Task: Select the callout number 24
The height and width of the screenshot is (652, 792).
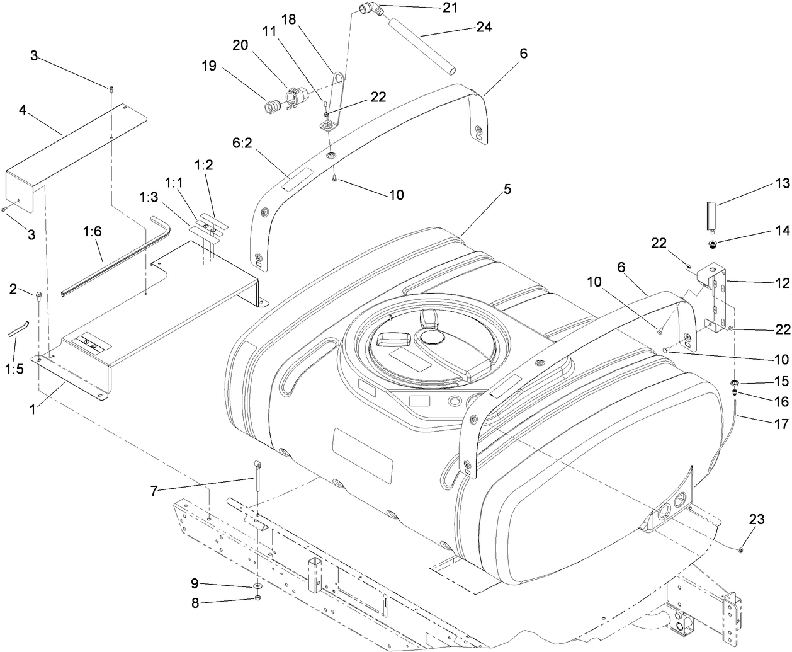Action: tap(484, 27)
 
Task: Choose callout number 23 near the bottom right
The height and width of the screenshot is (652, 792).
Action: tap(757, 519)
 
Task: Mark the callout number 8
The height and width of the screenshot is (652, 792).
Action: tap(195, 603)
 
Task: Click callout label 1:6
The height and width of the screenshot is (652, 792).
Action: tap(92, 232)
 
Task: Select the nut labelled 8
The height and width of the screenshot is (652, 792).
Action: tap(258, 597)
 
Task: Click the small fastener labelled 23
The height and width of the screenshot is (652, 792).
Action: tap(740, 550)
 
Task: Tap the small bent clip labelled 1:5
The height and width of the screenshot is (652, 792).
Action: tap(18, 328)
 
